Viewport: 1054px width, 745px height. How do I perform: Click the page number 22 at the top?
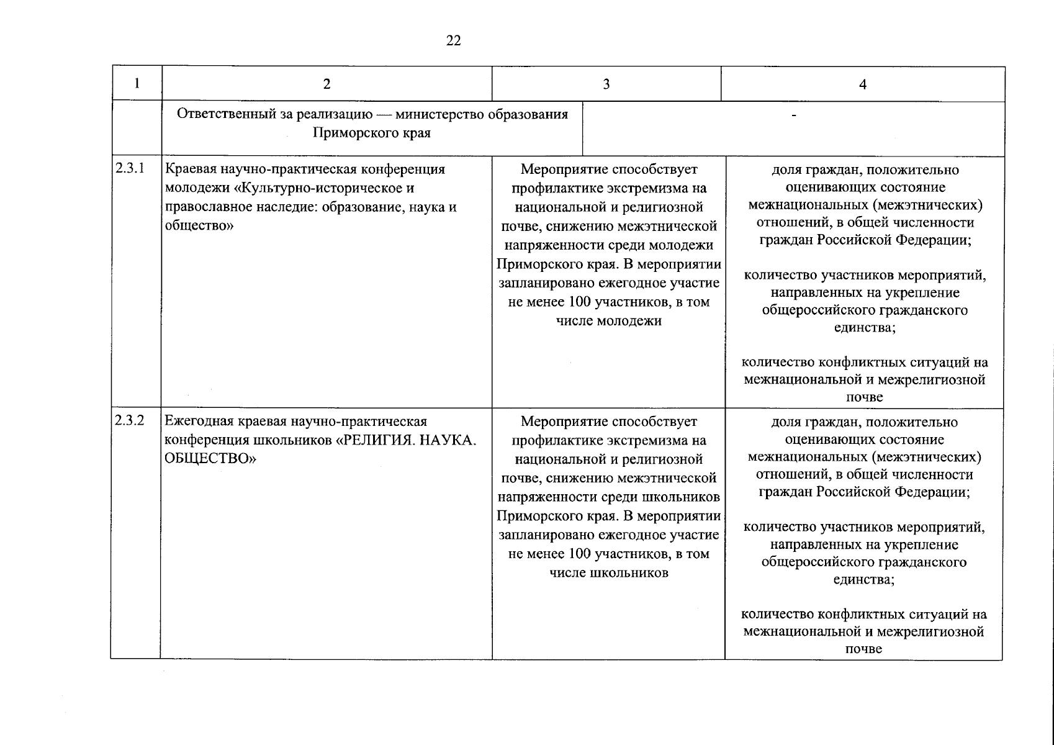pyautogui.click(x=453, y=41)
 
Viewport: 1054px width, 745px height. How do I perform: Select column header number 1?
pyautogui.click(x=137, y=83)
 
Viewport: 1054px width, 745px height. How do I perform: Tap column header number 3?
pyautogui.click(x=606, y=84)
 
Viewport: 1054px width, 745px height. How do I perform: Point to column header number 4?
pyautogui.click(x=862, y=85)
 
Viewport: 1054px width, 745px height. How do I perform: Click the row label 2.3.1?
pyautogui.click(x=130, y=168)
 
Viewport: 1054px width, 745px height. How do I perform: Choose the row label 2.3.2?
pyautogui.click(x=130, y=420)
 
